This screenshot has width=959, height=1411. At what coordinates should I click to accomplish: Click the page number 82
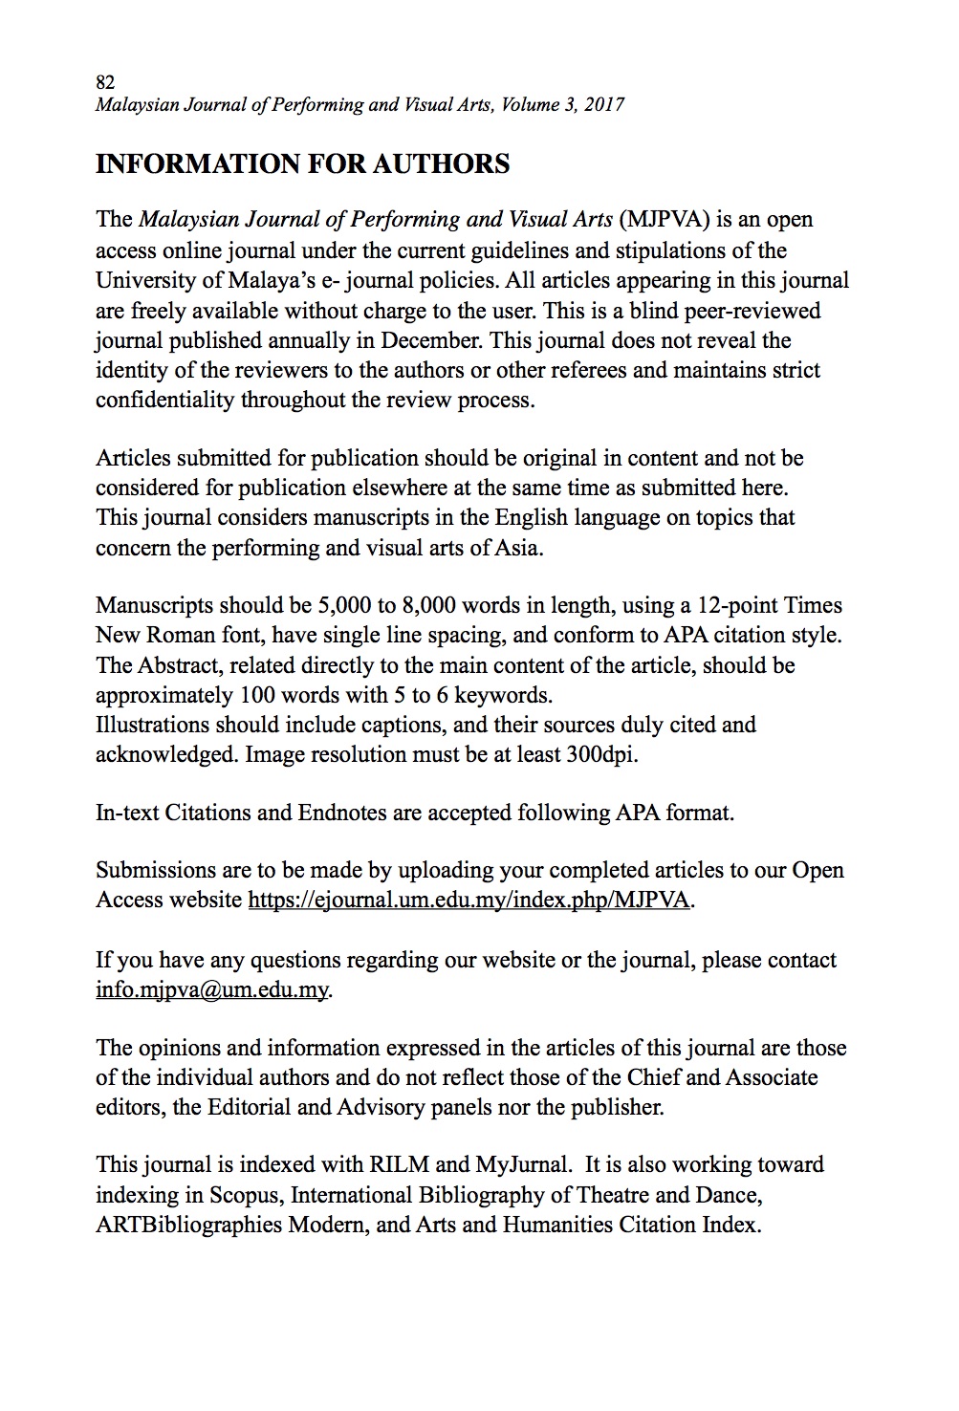105,82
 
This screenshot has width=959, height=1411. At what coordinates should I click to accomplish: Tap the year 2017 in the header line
603,105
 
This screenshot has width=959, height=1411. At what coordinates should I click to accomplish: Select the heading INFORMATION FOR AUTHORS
302,164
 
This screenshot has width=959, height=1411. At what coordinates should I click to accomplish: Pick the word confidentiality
164,400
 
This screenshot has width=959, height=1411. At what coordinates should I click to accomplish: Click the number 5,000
346,606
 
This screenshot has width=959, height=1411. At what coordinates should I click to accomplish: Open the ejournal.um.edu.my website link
469,901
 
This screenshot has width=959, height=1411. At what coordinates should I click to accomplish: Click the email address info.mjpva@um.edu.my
212,989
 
